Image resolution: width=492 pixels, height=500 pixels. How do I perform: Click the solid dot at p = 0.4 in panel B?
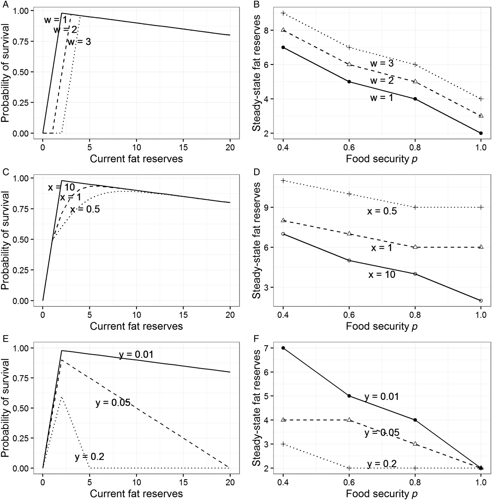[283, 47]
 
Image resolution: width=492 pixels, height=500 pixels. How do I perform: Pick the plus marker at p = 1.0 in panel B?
[481, 99]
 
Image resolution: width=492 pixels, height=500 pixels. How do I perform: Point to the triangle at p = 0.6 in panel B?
[349, 64]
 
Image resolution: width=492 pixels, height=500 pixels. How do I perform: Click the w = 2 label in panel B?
[382, 80]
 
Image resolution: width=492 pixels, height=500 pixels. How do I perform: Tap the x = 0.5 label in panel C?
[85, 210]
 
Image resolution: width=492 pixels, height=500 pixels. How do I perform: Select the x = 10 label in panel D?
[382, 275]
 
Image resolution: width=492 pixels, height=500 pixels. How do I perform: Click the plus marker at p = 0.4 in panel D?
[283, 180]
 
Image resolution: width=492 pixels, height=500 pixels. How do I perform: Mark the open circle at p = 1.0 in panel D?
[481, 301]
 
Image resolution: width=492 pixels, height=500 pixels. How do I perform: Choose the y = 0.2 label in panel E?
[89, 457]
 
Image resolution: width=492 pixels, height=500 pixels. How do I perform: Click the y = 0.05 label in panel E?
[113, 403]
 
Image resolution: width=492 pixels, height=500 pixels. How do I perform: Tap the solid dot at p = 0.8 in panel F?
[415, 420]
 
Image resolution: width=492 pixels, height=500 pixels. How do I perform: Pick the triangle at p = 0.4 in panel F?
[283, 420]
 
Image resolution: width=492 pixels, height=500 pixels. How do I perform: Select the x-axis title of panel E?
[136, 493]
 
